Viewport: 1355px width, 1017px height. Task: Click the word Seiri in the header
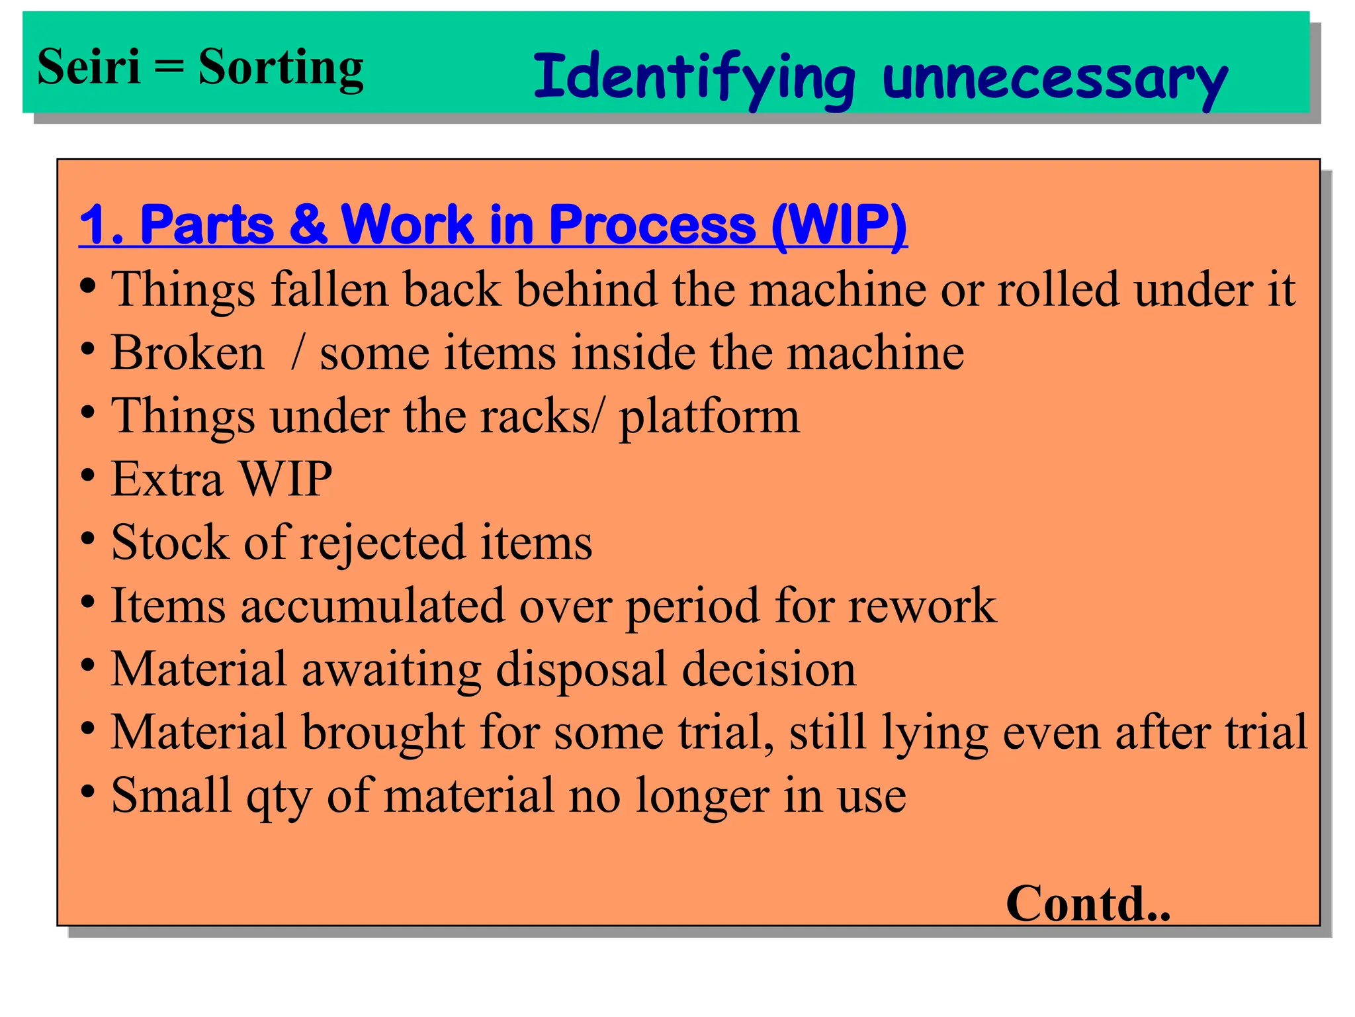(x=89, y=67)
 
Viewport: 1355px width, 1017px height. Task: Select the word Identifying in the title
(x=694, y=79)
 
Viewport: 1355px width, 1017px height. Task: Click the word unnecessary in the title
(x=1055, y=79)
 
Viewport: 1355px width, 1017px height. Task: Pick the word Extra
(x=167, y=478)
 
